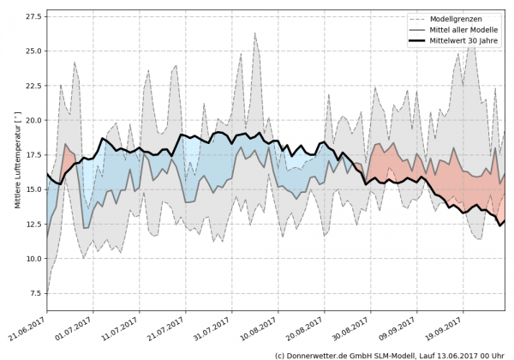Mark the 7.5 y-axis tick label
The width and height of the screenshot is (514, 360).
coord(34,293)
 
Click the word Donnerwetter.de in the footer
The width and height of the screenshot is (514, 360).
coord(329,354)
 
